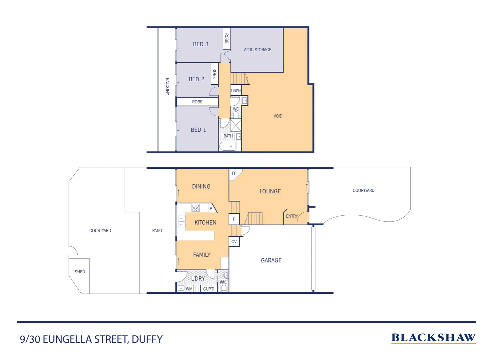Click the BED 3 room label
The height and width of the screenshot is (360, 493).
tap(201, 44)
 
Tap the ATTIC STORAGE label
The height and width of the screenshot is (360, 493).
tap(257, 50)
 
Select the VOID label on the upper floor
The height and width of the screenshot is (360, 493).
tap(278, 116)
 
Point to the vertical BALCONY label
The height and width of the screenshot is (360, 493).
tap(168, 86)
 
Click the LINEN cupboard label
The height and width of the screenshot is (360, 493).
tap(236, 91)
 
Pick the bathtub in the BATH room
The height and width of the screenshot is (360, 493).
tap(228, 146)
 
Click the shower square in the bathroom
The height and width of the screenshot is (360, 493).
tap(236, 125)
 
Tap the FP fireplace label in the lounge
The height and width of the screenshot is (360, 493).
tap(234, 173)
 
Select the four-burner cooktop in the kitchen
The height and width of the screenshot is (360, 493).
tap(196, 208)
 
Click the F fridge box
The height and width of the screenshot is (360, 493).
tap(234, 219)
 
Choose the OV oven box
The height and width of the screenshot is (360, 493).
tap(234, 242)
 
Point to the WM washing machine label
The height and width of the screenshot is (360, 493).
tap(189, 289)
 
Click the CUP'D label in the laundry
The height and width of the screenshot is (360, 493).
tap(209, 289)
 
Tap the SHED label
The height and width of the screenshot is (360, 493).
tap(80, 272)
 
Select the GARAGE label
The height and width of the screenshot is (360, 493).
tap(271, 260)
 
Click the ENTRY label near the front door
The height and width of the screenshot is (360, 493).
tap(292, 216)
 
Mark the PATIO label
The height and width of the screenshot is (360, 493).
tap(157, 230)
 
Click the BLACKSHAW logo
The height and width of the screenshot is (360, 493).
tap(433, 338)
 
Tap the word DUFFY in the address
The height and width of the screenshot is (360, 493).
tap(147, 339)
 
